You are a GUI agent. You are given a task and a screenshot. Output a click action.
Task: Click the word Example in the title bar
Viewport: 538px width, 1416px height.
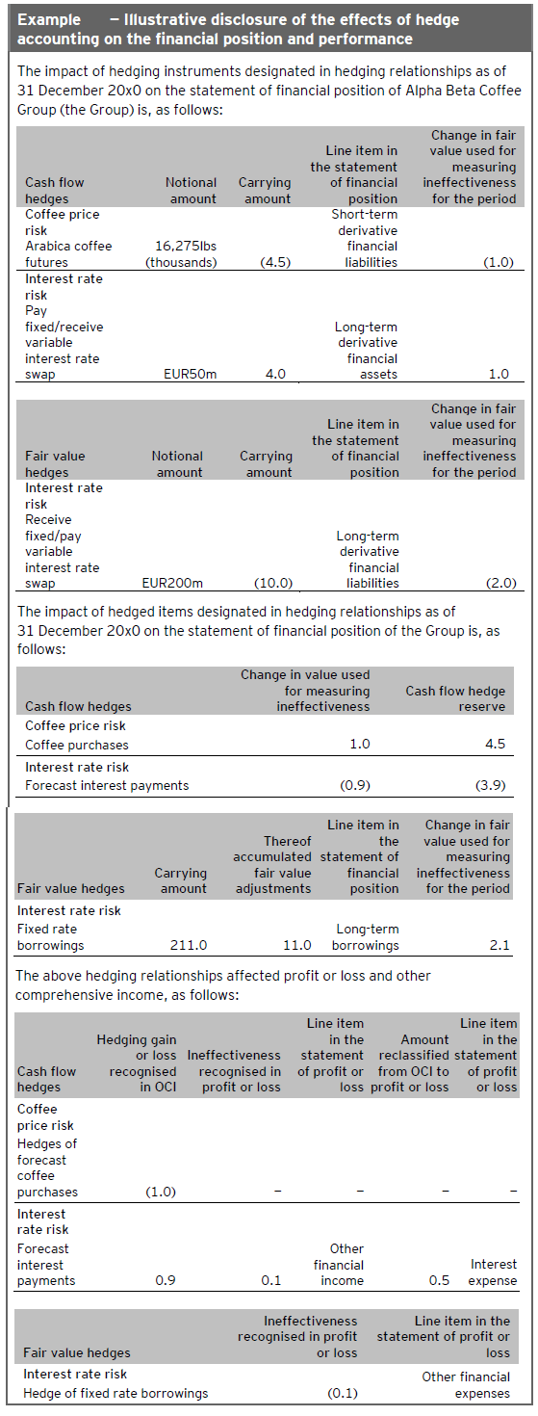pyautogui.click(x=45, y=20)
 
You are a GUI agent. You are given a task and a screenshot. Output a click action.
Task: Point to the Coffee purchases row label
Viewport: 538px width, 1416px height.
pyautogui.click(x=77, y=745)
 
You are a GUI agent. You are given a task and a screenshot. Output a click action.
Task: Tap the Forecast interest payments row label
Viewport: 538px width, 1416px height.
pyautogui.click(x=107, y=785)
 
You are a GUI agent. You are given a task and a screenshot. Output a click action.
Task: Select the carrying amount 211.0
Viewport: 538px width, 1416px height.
pyautogui.click(x=188, y=946)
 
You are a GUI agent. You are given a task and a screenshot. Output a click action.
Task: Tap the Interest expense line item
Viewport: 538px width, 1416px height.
pyautogui.click(x=494, y=1272)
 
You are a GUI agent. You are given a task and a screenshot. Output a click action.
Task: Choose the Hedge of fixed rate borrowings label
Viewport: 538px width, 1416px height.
pyautogui.click(x=115, y=1393)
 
